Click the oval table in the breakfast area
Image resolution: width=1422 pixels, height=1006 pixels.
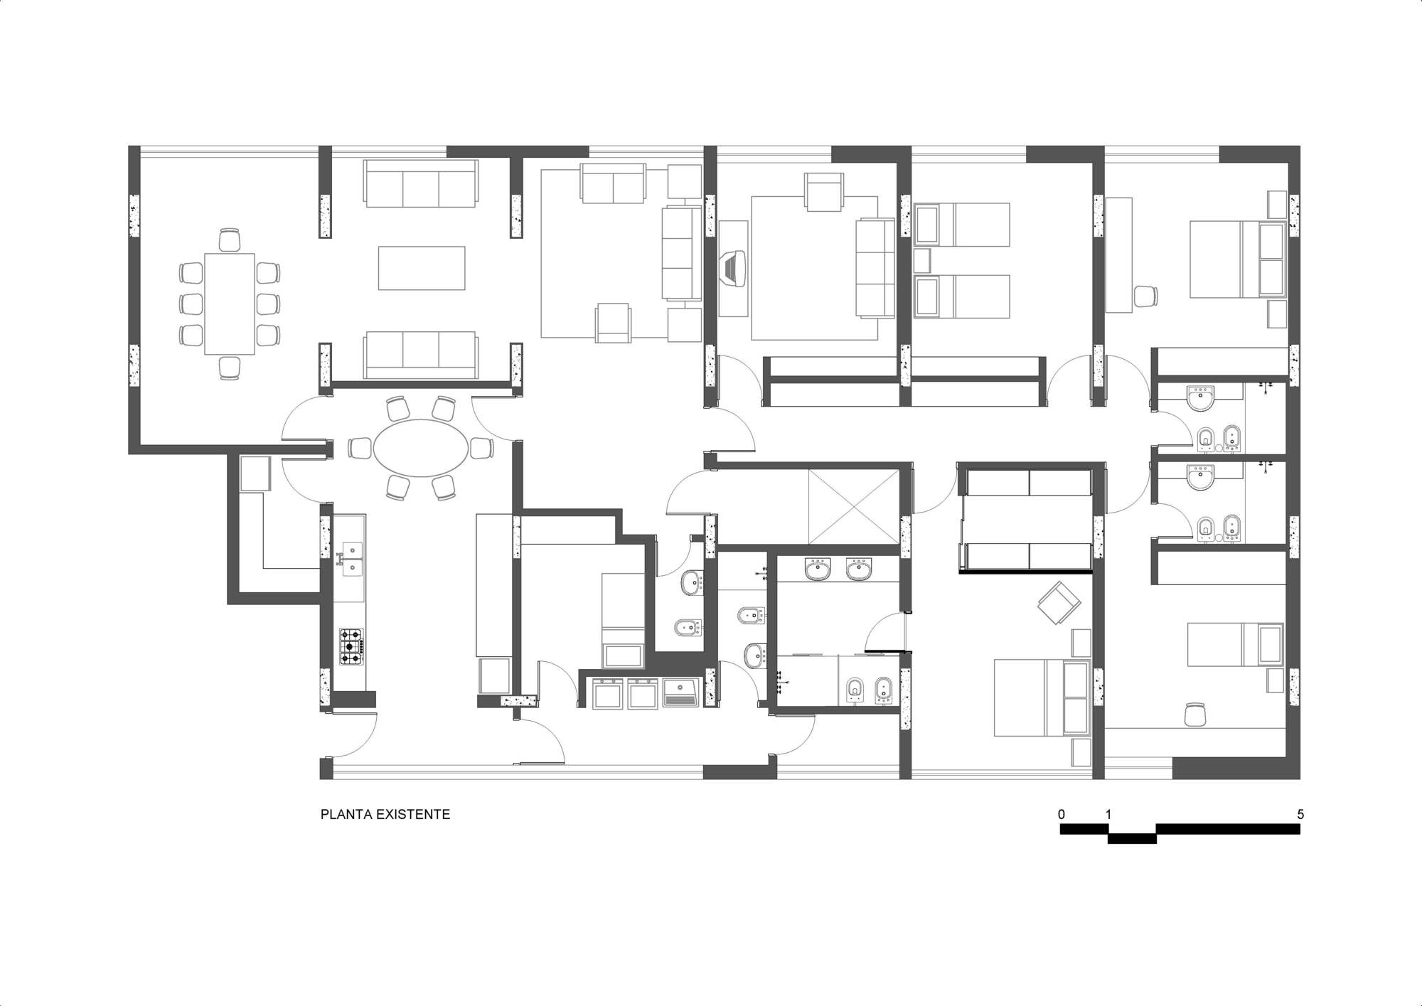coord(422,448)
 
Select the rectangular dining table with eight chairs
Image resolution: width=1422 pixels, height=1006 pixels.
coord(230,304)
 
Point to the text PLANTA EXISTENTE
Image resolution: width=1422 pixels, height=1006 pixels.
coord(385,815)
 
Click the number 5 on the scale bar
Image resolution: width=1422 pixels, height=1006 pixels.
coord(1300,814)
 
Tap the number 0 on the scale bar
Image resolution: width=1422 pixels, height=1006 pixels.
coord(1062,814)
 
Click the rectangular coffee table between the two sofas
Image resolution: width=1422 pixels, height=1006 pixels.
coord(422,268)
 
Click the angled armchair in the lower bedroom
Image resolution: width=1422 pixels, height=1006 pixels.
coord(1059,602)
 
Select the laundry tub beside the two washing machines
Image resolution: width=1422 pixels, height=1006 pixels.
coord(681,692)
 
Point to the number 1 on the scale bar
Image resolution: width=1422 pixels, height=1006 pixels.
coord(1108,814)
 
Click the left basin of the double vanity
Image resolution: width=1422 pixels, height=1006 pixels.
coord(818,569)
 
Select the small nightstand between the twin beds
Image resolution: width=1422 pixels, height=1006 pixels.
coord(922,260)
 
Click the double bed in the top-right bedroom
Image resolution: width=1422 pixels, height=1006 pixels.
coord(1238,259)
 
